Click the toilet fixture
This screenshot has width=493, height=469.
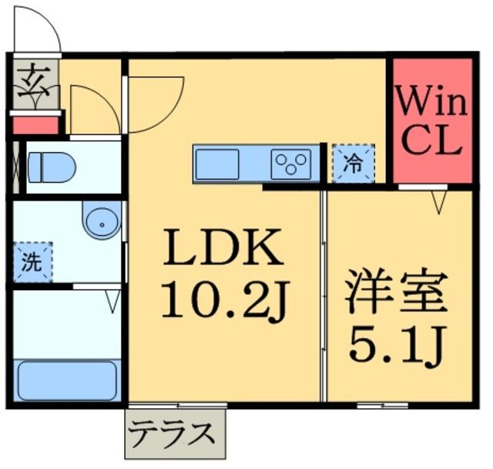[50, 166]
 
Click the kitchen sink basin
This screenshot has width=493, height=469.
[219, 164]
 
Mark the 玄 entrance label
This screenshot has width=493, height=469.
[32, 79]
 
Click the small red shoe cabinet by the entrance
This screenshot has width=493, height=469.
[35, 124]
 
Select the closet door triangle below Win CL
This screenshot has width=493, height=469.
[439, 203]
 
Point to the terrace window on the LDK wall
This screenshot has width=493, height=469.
[178, 404]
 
